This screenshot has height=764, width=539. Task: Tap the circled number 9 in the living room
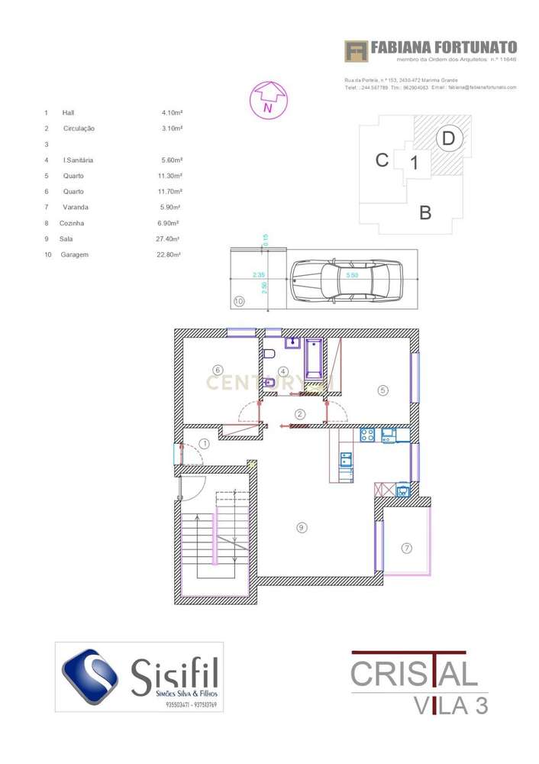(302, 526)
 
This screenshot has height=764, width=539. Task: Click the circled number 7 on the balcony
(406, 547)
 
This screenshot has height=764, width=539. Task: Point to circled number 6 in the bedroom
(218, 370)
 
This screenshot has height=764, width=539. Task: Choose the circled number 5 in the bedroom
(382, 390)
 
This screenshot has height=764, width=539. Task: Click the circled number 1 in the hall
(204, 443)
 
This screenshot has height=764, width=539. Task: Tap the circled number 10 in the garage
(239, 302)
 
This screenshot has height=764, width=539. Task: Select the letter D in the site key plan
(449, 138)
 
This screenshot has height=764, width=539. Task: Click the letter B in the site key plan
(425, 212)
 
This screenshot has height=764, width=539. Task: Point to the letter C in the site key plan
(382, 160)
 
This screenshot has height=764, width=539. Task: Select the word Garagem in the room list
(74, 254)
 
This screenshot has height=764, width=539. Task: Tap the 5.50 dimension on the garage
(352, 275)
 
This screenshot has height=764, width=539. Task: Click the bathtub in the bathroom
(314, 359)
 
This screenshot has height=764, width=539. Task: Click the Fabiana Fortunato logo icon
(356, 51)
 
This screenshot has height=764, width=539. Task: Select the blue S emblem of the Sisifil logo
(90, 676)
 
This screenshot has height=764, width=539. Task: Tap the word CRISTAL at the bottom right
(414, 674)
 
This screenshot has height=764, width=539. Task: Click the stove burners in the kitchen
(367, 435)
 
